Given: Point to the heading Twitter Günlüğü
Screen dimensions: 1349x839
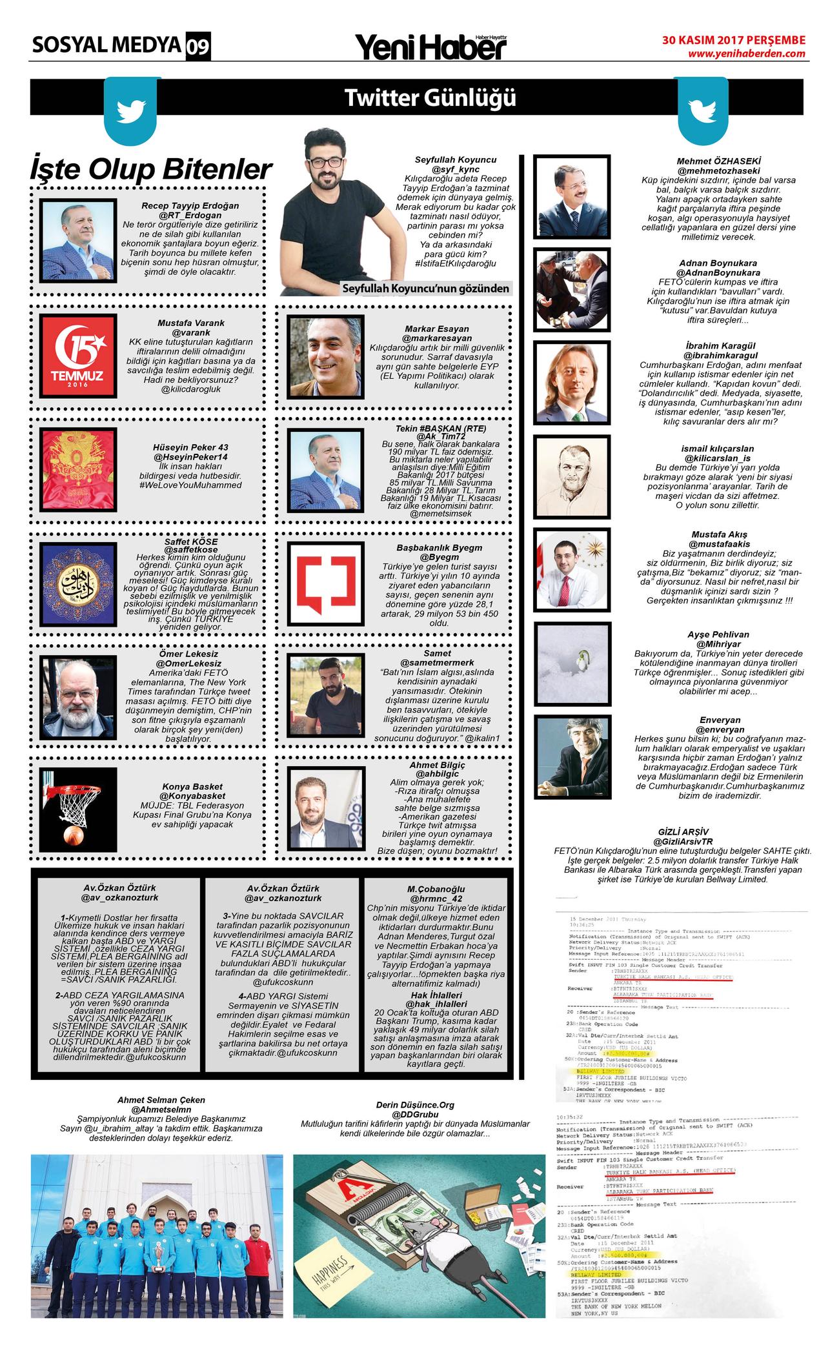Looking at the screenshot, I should click(x=430, y=98).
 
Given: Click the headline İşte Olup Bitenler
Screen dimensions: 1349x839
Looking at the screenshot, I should click(x=151, y=169).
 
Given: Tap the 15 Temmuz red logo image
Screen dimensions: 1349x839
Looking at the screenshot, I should click(x=78, y=352).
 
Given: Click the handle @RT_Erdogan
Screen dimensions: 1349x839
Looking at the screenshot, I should click(x=190, y=214).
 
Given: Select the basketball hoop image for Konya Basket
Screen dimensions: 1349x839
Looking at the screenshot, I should click(x=78, y=808).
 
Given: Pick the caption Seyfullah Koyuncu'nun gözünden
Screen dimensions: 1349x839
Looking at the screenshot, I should click(x=426, y=289).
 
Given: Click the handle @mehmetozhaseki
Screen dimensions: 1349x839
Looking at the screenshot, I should click(x=718, y=170).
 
